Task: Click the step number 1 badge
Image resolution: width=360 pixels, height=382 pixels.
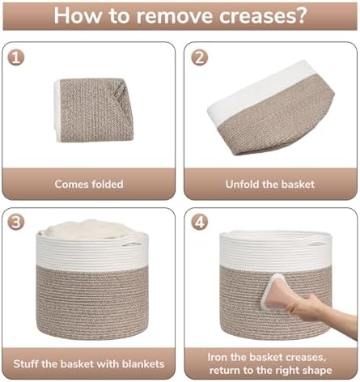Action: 15,57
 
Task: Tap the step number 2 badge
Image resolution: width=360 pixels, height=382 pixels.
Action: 200,57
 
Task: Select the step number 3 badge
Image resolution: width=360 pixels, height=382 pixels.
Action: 15,223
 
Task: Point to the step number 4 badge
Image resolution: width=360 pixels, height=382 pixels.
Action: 200,223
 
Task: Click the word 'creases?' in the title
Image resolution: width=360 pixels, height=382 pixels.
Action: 263,16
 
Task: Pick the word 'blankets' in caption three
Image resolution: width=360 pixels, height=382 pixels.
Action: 143,364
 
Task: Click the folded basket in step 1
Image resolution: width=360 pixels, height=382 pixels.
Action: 92,110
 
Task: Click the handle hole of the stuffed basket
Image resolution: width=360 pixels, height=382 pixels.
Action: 132,244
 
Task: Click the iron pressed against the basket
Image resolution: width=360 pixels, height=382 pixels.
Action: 276,292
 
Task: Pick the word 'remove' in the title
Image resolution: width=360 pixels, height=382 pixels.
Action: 175,16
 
